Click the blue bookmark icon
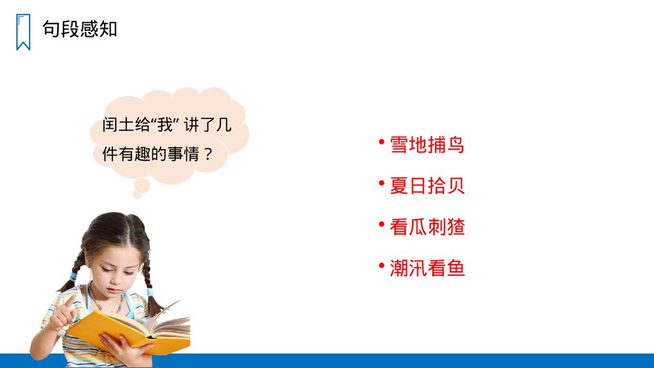pyautogui.click(x=23, y=31)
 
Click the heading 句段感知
pyautogui.click(x=80, y=29)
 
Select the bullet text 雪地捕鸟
pyautogui.click(x=427, y=144)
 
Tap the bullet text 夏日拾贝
pyautogui.click(x=427, y=186)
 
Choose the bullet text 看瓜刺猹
pyautogui.click(x=427, y=227)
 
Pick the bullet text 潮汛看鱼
pyautogui.click(x=427, y=268)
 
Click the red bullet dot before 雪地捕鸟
pyautogui.click(x=381, y=141)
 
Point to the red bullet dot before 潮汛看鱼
pyautogui.click(x=381, y=265)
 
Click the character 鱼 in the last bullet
pyautogui.click(x=456, y=268)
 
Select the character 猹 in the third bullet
pyautogui.click(x=456, y=227)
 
